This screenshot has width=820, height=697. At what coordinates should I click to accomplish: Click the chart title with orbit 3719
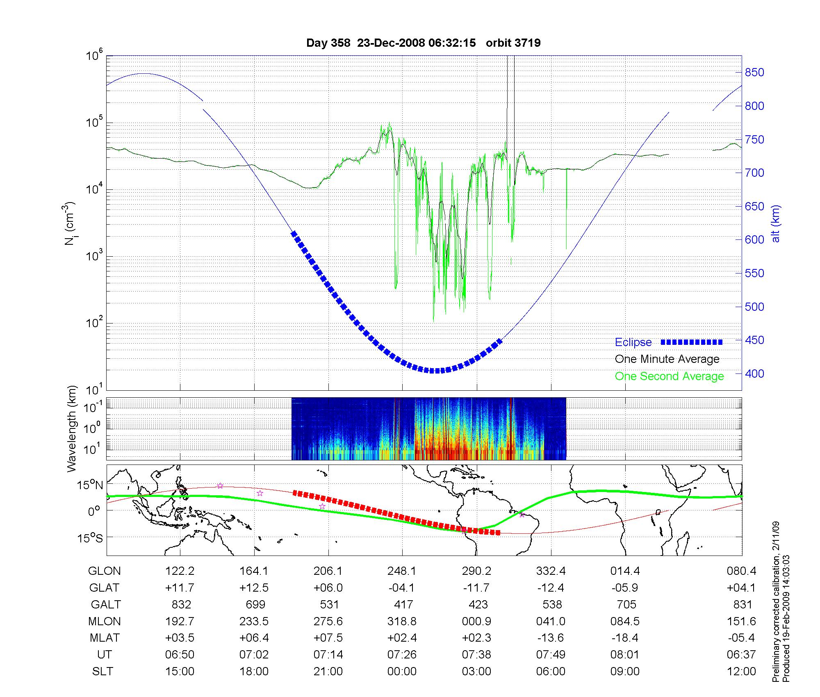pyautogui.click(x=423, y=43)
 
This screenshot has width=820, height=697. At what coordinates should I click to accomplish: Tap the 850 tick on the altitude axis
pyautogui.click(x=754, y=73)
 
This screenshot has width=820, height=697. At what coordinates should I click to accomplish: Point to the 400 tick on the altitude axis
pyautogui.click(x=754, y=374)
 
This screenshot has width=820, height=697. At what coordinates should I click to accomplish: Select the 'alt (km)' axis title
pyautogui.click(x=776, y=223)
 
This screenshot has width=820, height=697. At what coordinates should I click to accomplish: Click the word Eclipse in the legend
pyautogui.click(x=633, y=342)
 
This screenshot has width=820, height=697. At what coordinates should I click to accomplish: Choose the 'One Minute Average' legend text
pyautogui.click(x=667, y=359)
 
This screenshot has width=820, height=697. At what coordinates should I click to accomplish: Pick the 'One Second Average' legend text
pyautogui.click(x=669, y=376)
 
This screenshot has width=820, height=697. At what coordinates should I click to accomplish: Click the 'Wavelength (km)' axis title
pyautogui.click(x=71, y=428)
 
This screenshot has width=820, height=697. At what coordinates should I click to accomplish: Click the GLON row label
pyautogui.click(x=105, y=571)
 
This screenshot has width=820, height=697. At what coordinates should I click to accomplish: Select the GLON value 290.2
pyautogui.click(x=476, y=571)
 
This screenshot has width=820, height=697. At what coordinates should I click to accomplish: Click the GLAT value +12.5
pyautogui.click(x=254, y=588)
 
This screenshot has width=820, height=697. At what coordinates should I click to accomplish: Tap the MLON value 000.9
pyautogui.click(x=476, y=622)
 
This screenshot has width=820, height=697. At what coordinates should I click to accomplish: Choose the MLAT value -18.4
pyautogui.click(x=625, y=638)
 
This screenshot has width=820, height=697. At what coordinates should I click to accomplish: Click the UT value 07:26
pyautogui.click(x=402, y=655)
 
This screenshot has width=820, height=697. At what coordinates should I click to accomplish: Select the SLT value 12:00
pyautogui.click(x=741, y=672)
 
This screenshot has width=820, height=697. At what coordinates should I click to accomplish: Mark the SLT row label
pyautogui.click(x=102, y=672)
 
